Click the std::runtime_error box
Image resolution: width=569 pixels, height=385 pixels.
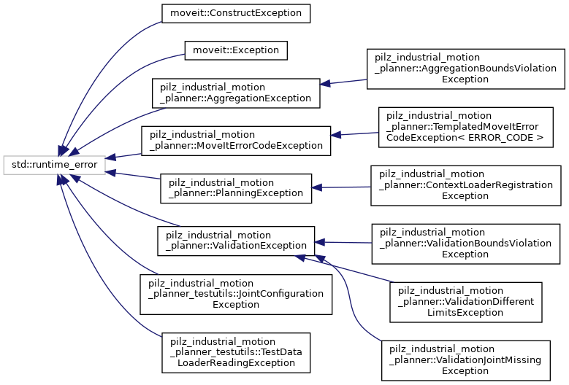pyautogui.click(x=55, y=166)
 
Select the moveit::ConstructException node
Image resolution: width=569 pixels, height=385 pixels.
pyautogui.click(x=235, y=13)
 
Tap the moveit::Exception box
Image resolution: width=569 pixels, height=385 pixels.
pyautogui.click(x=235, y=50)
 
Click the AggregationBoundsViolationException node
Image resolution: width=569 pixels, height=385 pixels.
pyautogui.click(x=465, y=69)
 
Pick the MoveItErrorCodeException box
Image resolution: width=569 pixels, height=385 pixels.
pyautogui.click(x=235, y=140)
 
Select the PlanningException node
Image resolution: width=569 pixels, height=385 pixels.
pyautogui.click(x=236, y=188)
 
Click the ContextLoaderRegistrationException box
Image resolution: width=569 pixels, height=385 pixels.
pyautogui.click(x=465, y=185)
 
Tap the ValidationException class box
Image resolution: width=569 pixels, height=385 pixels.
pyautogui.click(x=236, y=241)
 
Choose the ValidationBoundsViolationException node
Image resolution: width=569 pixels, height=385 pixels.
pyautogui.click(x=465, y=244)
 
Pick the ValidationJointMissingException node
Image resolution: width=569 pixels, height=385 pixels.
pyautogui.click(x=465, y=359)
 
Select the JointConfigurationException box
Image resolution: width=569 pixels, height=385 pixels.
pyautogui.click(x=235, y=294)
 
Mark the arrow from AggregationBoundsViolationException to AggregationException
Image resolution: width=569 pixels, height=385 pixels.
pyautogui.click(x=343, y=82)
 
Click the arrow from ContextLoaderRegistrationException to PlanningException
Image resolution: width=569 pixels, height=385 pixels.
pyautogui.click(x=342, y=187)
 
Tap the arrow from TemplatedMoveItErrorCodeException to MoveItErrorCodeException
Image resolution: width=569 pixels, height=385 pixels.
pyautogui.click(x=354, y=133)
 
